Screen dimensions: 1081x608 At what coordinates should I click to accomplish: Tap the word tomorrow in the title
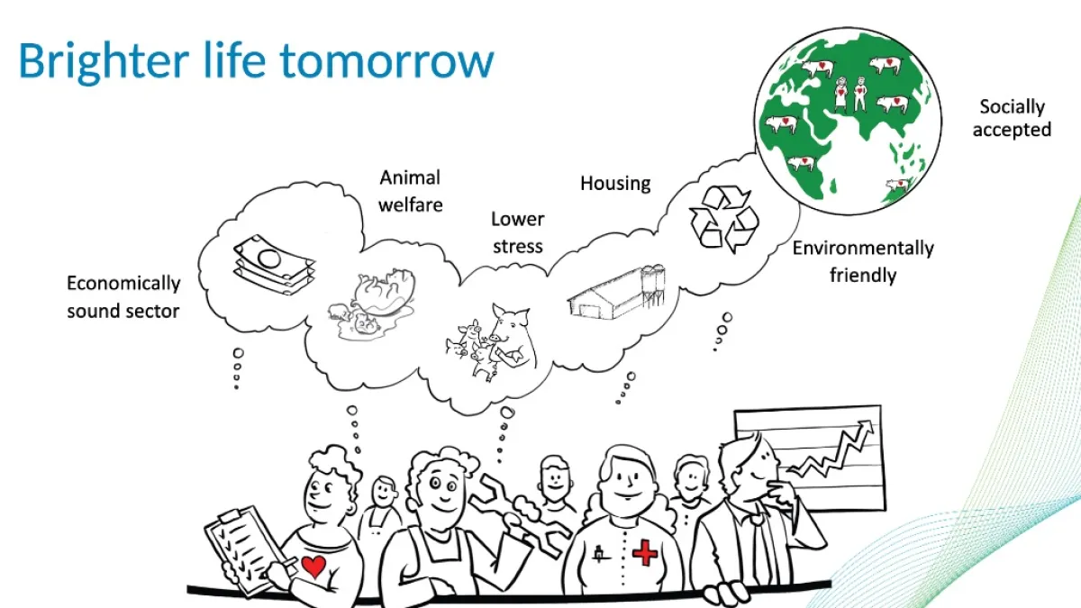(387, 62)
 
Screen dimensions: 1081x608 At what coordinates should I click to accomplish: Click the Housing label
(615, 185)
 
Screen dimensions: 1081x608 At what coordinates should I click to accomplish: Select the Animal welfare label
(410, 191)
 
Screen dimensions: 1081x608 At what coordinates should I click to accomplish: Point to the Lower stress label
(518, 232)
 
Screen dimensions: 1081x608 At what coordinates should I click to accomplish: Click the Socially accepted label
(1012, 118)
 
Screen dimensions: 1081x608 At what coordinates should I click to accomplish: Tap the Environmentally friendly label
(863, 261)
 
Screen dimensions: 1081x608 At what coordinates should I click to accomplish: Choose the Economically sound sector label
(123, 296)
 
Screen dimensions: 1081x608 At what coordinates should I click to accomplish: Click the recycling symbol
(724, 219)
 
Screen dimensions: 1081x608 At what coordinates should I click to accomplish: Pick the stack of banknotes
(274, 265)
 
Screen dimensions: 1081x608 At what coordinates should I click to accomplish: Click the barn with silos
(616, 293)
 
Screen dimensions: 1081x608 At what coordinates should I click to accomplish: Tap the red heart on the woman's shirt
(313, 567)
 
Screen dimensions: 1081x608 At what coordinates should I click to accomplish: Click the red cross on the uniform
(645, 553)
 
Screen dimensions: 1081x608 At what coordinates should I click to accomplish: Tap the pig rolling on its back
(384, 292)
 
